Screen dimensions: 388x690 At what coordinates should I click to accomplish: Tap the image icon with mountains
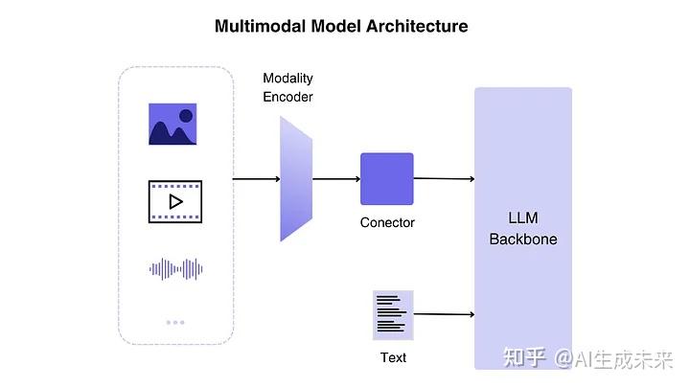[x=172, y=125]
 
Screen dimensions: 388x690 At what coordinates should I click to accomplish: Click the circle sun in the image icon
[x=186, y=116]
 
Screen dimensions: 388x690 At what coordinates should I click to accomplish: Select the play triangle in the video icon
[x=175, y=201]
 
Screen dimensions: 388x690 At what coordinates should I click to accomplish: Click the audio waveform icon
[x=175, y=269]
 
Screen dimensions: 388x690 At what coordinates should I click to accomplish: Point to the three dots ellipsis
[x=175, y=322]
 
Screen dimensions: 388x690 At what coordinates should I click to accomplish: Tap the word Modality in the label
[x=287, y=78]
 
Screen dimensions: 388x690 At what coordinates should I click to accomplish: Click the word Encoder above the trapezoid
[x=287, y=97]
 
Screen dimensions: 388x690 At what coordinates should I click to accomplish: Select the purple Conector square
[x=386, y=179]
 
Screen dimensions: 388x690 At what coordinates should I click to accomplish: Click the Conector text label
[x=387, y=222]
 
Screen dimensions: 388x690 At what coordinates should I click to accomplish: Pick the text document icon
[x=392, y=314]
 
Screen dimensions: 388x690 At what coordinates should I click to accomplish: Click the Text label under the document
[x=393, y=357]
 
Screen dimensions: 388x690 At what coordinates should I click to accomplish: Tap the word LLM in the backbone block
[x=523, y=218]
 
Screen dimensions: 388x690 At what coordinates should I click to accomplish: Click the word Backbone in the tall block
[x=523, y=239]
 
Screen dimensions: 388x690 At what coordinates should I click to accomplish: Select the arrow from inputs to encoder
[x=256, y=179]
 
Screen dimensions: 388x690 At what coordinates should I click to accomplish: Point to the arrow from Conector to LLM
[x=444, y=179]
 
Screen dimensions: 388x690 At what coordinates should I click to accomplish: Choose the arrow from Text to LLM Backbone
[x=444, y=314]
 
